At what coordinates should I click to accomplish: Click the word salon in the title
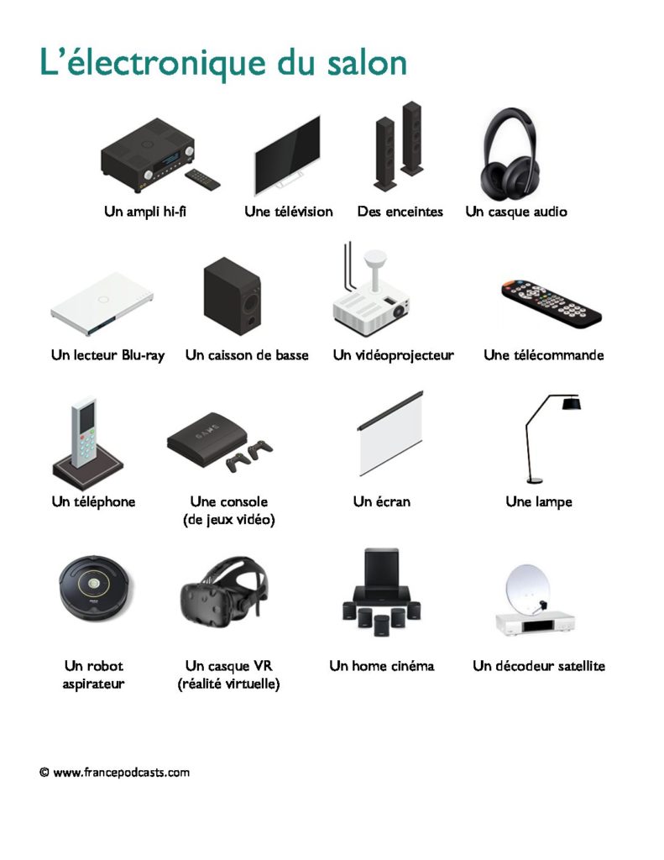367,62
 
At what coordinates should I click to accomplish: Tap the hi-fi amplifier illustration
148,155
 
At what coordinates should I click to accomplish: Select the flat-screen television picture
287,155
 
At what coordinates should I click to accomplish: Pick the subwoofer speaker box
232,296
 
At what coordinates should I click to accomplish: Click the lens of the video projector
399,311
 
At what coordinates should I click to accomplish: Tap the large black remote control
552,303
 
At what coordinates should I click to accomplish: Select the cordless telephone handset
84,432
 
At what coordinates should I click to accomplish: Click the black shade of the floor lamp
572,404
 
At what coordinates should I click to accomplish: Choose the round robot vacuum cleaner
97,588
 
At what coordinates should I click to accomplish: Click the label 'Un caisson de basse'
247,355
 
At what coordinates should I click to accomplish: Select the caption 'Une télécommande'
543,355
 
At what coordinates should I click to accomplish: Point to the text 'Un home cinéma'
382,666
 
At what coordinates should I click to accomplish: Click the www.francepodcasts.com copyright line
115,773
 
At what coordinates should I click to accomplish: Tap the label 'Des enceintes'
400,211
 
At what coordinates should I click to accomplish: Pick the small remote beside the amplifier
202,180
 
